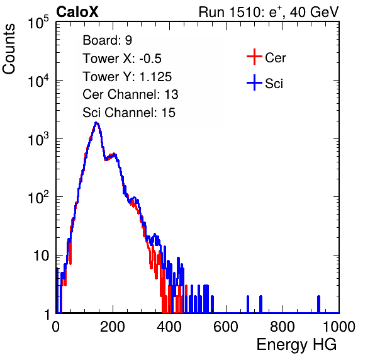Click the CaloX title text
[x=77, y=12]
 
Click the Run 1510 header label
[x=269, y=12]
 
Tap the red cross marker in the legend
[x=254, y=57]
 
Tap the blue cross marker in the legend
[x=254, y=82]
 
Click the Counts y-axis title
[x=9, y=49]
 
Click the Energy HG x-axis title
[x=296, y=345]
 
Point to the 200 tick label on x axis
[x=113, y=327]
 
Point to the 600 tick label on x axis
[x=226, y=327]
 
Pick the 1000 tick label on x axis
[x=339, y=327]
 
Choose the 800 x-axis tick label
[x=283, y=327]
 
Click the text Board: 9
[x=107, y=40]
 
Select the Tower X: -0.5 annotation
[x=122, y=59]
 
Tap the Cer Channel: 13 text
[x=130, y=94]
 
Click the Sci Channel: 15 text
[x=129, y=113]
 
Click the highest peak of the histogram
[x=96, y=123]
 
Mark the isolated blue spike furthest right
[x=318, y=304]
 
